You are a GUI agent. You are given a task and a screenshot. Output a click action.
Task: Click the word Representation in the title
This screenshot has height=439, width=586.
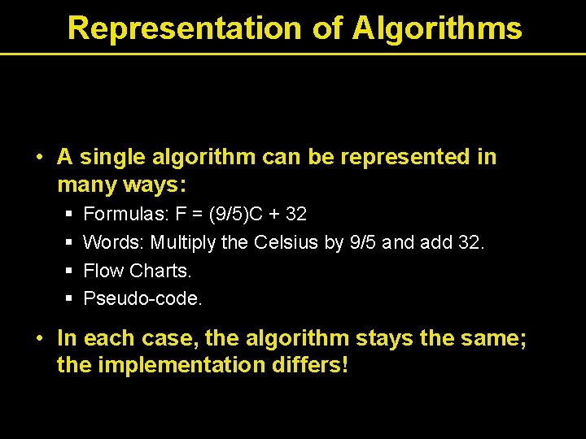[x=185, y=28]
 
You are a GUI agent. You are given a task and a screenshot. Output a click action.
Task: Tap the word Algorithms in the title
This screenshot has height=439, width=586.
[x=437, y=28]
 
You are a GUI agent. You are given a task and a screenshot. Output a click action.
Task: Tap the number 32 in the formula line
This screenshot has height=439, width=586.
[x=296, y=214]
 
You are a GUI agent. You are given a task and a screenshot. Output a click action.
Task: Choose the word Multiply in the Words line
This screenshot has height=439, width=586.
[x=184, y=242]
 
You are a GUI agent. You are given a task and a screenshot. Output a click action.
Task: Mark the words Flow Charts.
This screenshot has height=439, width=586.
[x=138, y=270]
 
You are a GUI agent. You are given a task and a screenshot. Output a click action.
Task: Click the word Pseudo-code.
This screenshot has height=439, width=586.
[x=143, y=298]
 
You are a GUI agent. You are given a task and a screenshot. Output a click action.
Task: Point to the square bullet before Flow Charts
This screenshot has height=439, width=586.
[x=69, y=271]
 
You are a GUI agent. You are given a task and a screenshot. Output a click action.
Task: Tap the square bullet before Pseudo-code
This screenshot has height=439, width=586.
[x=69, y=299]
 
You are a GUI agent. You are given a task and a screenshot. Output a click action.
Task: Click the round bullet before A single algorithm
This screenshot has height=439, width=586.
[x=39, y=157]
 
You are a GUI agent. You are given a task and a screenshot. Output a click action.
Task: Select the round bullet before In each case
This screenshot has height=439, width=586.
[x=39, y=337]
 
